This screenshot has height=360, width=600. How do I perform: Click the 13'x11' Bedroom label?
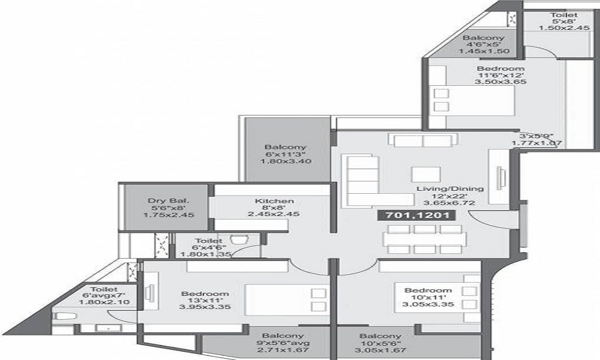click(205, 293)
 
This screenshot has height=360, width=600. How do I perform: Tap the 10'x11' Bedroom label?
click(427, 290)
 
